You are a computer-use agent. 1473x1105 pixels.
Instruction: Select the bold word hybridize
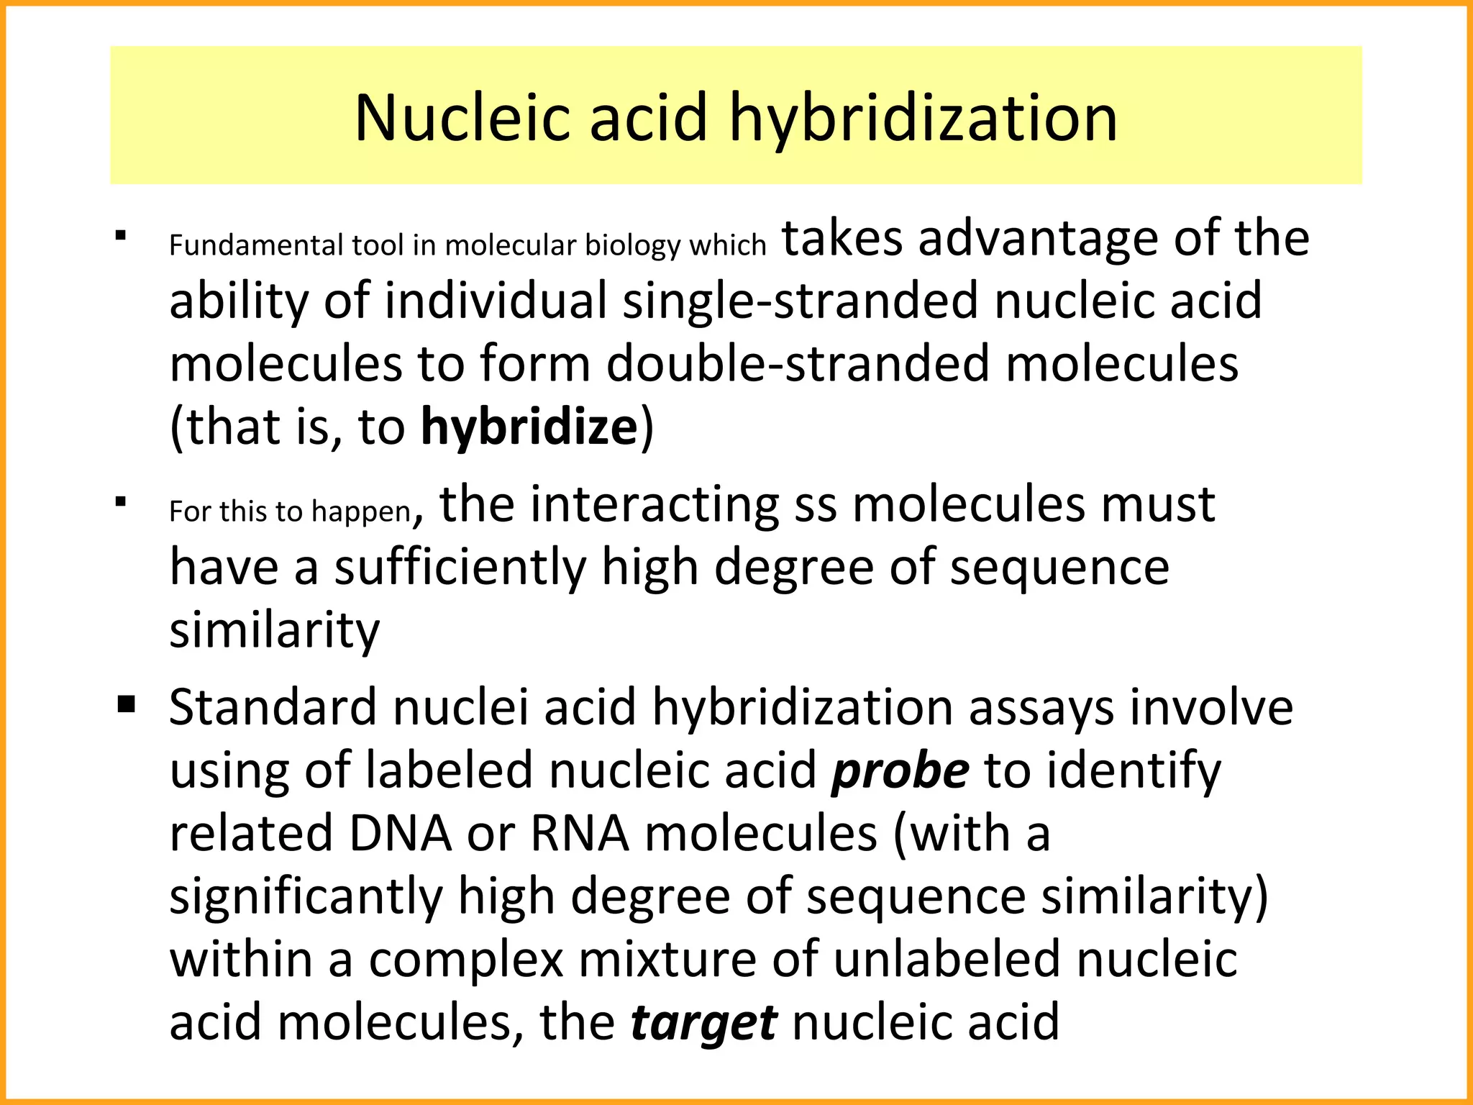pos(529,427)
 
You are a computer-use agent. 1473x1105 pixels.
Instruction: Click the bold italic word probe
pos(900,770)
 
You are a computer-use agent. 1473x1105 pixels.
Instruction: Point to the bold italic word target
pos(703,1022)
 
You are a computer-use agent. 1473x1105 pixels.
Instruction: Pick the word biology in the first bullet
pos(633,246)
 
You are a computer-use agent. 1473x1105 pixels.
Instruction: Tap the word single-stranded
pos(800,301)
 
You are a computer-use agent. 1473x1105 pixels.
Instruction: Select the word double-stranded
pos(798,363)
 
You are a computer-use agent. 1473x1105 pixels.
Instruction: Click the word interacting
pos(654,504)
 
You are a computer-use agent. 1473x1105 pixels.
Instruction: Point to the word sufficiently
pos(460,568)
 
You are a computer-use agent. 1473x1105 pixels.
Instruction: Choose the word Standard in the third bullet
pos(273,707)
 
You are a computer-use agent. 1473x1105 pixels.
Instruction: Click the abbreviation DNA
pos(401,834)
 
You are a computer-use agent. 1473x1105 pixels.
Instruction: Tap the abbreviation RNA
pos(580,834)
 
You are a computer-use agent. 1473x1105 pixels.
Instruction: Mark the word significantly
pos(306,897)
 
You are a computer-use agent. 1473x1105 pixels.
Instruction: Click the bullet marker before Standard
pos(127,703)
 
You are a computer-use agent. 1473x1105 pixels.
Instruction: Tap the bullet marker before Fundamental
pos(121,236)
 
